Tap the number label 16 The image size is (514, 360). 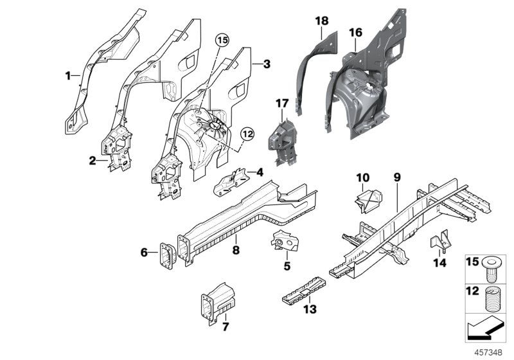(355, 32)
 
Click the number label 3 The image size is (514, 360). (267, 64)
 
